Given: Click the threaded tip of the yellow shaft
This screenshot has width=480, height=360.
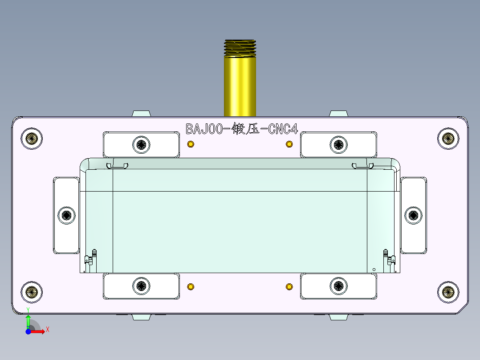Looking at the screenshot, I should tap(240, 48).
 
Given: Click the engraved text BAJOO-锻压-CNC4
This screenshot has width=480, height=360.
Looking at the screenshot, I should tap(242, 129).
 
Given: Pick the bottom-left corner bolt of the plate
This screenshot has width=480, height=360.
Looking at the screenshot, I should tap(32, 292).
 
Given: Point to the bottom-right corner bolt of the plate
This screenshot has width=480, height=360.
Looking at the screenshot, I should tap(448, 292).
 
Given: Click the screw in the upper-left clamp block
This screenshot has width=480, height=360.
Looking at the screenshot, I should tap(142, 144).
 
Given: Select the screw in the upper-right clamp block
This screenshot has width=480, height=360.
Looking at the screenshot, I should tap(338, 144).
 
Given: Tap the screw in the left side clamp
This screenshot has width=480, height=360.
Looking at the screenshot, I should tap(67, 216).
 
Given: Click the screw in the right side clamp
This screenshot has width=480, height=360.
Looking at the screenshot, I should tap(413, 216).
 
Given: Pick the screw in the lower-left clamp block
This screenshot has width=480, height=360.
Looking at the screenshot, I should tap(142, 286).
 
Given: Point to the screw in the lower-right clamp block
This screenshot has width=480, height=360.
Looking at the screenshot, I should tap(338, 286).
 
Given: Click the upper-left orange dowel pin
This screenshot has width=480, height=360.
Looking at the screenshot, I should tap(191, 144).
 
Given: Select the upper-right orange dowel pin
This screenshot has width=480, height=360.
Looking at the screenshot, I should tap(289, 144).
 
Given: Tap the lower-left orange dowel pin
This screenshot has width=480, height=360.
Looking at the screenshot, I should tap(191, 286).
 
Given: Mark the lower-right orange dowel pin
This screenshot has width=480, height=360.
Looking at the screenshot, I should tap(289, 286).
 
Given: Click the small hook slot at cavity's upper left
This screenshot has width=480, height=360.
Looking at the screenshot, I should tap(117, 166).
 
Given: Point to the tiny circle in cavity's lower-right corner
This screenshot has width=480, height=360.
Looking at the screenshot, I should tap(374, 269).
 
